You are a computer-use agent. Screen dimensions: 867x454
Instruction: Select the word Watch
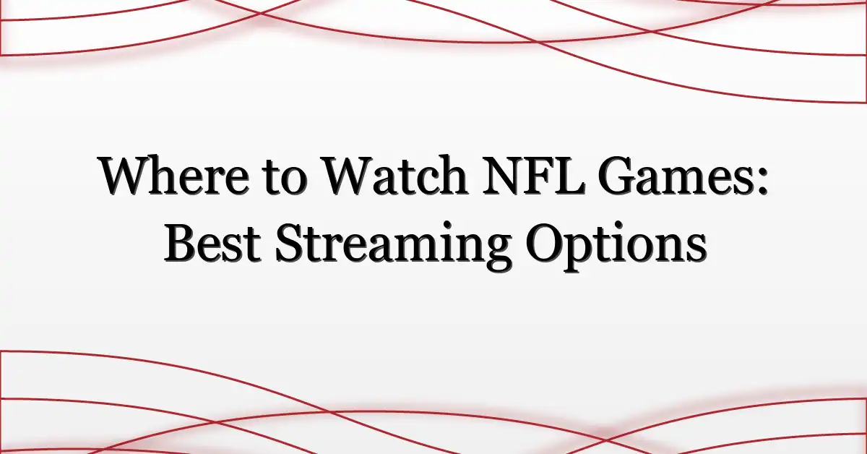[x=396, y=176]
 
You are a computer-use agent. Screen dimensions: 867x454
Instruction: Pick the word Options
[x=616, y=246]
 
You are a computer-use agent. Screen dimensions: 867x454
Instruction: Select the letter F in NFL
[x=539, y=176]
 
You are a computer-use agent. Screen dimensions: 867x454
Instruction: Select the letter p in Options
[x=582, y=252]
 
